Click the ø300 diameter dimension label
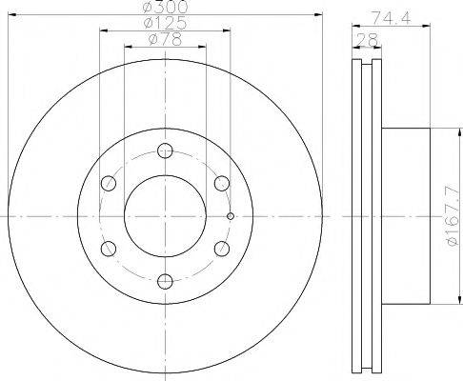tap(165, 7)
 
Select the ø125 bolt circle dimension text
tap(165, 23)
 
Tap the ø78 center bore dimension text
tap(165, 39)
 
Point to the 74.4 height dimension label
tap(392, 18)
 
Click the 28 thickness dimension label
tap(368, 40)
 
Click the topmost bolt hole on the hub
tap(165, 150)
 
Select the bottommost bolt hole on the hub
tap(165, 281)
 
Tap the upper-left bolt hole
tap(109, 183)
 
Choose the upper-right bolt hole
tap(222, 183)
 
